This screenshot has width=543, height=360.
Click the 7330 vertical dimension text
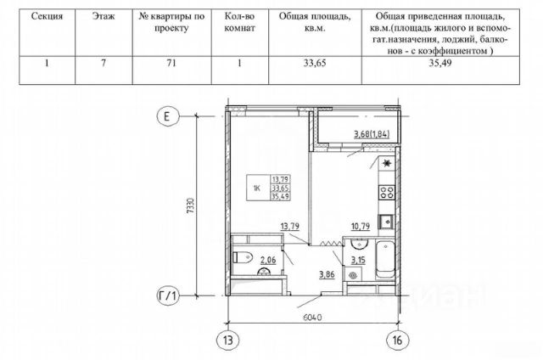point(191,205)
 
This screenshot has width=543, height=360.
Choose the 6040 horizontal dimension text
point(312,317)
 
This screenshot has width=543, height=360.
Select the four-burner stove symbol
point(387,192)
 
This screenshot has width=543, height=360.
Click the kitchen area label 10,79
point(360,227)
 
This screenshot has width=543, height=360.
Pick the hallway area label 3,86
point(327,275)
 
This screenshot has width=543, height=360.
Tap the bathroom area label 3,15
point(358,260)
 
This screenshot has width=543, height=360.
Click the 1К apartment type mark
point(257,188)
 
